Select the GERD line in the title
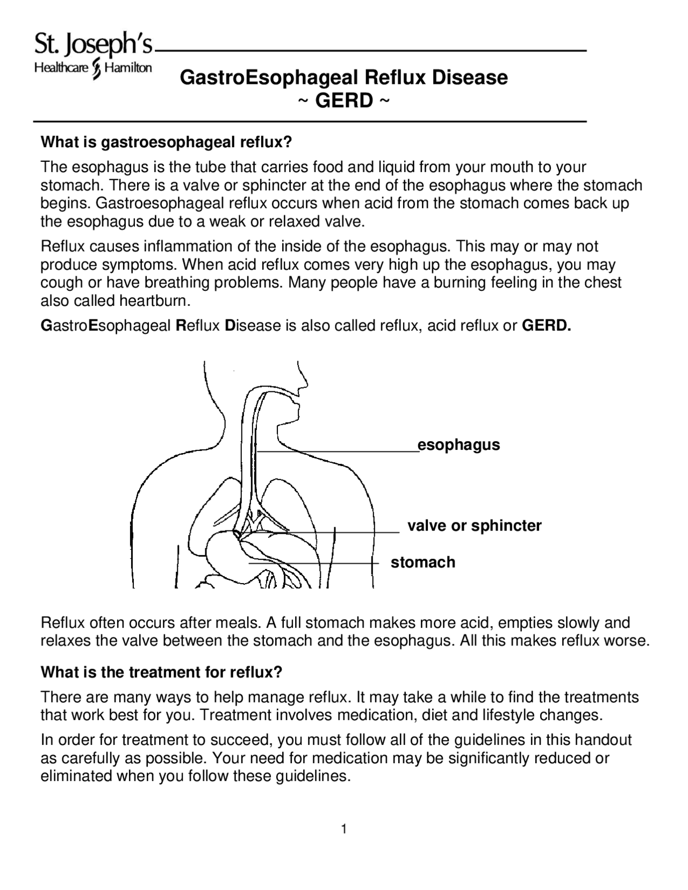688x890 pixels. coord(343,101)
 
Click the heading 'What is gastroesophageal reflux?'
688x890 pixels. coord(166,142)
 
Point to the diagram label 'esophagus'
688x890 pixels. coord(458,445)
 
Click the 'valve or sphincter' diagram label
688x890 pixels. coord(474,526)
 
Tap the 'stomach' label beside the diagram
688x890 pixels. coord(422,562)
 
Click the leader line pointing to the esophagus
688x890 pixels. coord(339,453)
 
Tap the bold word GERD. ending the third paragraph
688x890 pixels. coord(547,326)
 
